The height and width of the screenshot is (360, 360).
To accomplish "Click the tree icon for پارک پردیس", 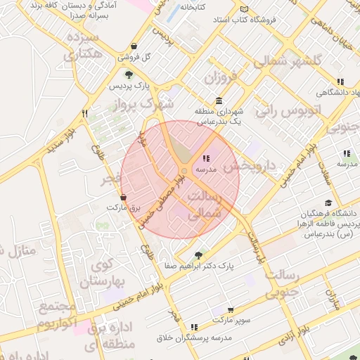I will click(128, 74).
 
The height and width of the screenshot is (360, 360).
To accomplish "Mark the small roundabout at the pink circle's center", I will click(184, 171).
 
